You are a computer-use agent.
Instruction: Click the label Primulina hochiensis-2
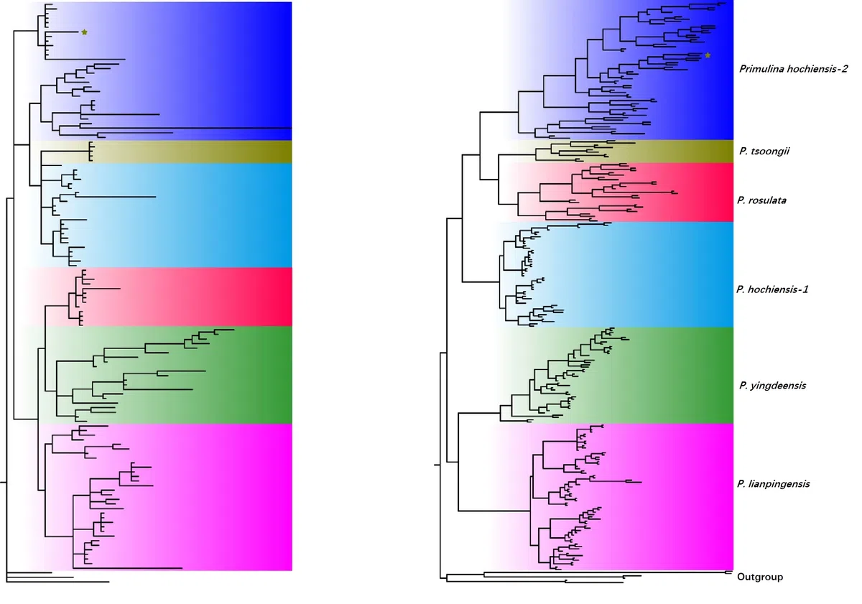[x=793, y=69]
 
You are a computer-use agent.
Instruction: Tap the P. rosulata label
[x=761, y=200]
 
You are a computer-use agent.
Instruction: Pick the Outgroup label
[x=760, y=577]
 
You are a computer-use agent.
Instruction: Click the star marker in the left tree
[x=84, y=32]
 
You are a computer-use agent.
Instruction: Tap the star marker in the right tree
[x=708, y=55]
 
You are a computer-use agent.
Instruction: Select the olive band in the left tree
[x=215, y=152]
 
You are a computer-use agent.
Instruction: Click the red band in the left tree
[x=215, y=297]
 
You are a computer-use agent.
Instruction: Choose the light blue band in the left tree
[x=215, y=215]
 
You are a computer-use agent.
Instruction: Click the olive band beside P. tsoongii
[x=682, y=152]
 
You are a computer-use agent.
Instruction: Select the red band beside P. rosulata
[x=697, y=192]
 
